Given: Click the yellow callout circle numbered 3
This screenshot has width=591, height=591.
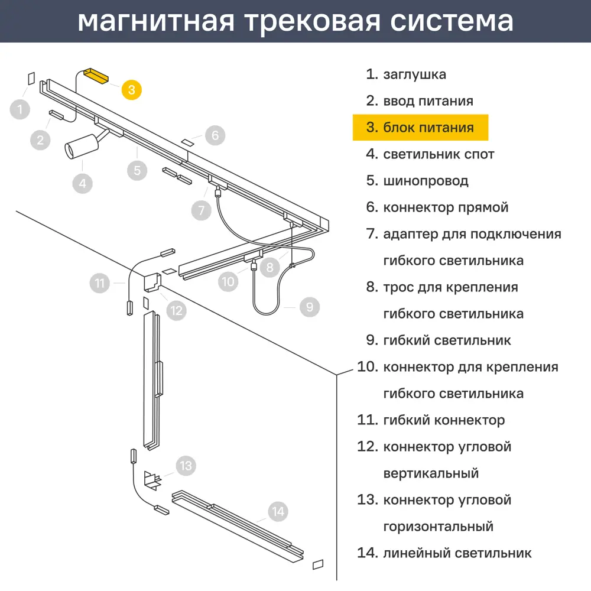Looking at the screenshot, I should (132, 89).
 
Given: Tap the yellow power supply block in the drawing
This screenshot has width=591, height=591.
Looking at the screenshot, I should (95, 76).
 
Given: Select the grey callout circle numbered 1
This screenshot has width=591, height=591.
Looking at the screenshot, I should (20, 109).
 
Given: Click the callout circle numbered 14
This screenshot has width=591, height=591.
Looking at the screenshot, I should (278, 511).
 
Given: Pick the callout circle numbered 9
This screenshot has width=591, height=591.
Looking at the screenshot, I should (309, 307).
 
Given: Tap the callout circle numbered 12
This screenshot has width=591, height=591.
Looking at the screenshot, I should (176, 309).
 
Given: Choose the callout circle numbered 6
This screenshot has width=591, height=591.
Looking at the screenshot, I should (215, 135).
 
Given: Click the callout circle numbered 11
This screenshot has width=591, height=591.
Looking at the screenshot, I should (100, 283).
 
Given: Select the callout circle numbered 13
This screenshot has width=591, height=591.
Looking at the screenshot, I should (186, 466).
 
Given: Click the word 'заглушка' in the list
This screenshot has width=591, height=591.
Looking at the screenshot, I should (414, 74).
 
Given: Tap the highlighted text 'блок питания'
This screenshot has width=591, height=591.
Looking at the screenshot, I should (428, 128).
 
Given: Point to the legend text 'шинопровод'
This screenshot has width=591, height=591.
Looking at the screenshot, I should (426, 181).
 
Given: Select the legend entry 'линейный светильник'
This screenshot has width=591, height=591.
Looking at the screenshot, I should (457, 553).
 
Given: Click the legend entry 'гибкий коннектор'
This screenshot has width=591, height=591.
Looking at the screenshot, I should (444, 420).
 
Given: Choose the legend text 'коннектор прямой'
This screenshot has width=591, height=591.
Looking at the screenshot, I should (446, 207).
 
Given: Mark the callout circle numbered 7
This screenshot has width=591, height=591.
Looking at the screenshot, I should (201, 210).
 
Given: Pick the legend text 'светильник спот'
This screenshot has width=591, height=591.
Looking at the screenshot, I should (439, 154).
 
